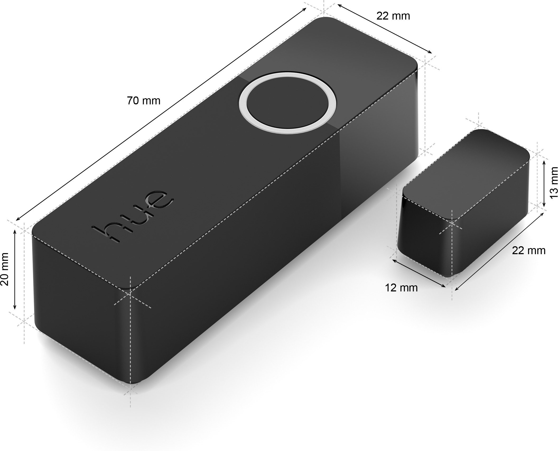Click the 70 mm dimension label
click(143, 101)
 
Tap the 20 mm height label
click(5, 269)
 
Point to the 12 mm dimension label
click(401, 288)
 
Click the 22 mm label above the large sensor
click(393, 16)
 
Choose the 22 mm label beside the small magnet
click(529, 250)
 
